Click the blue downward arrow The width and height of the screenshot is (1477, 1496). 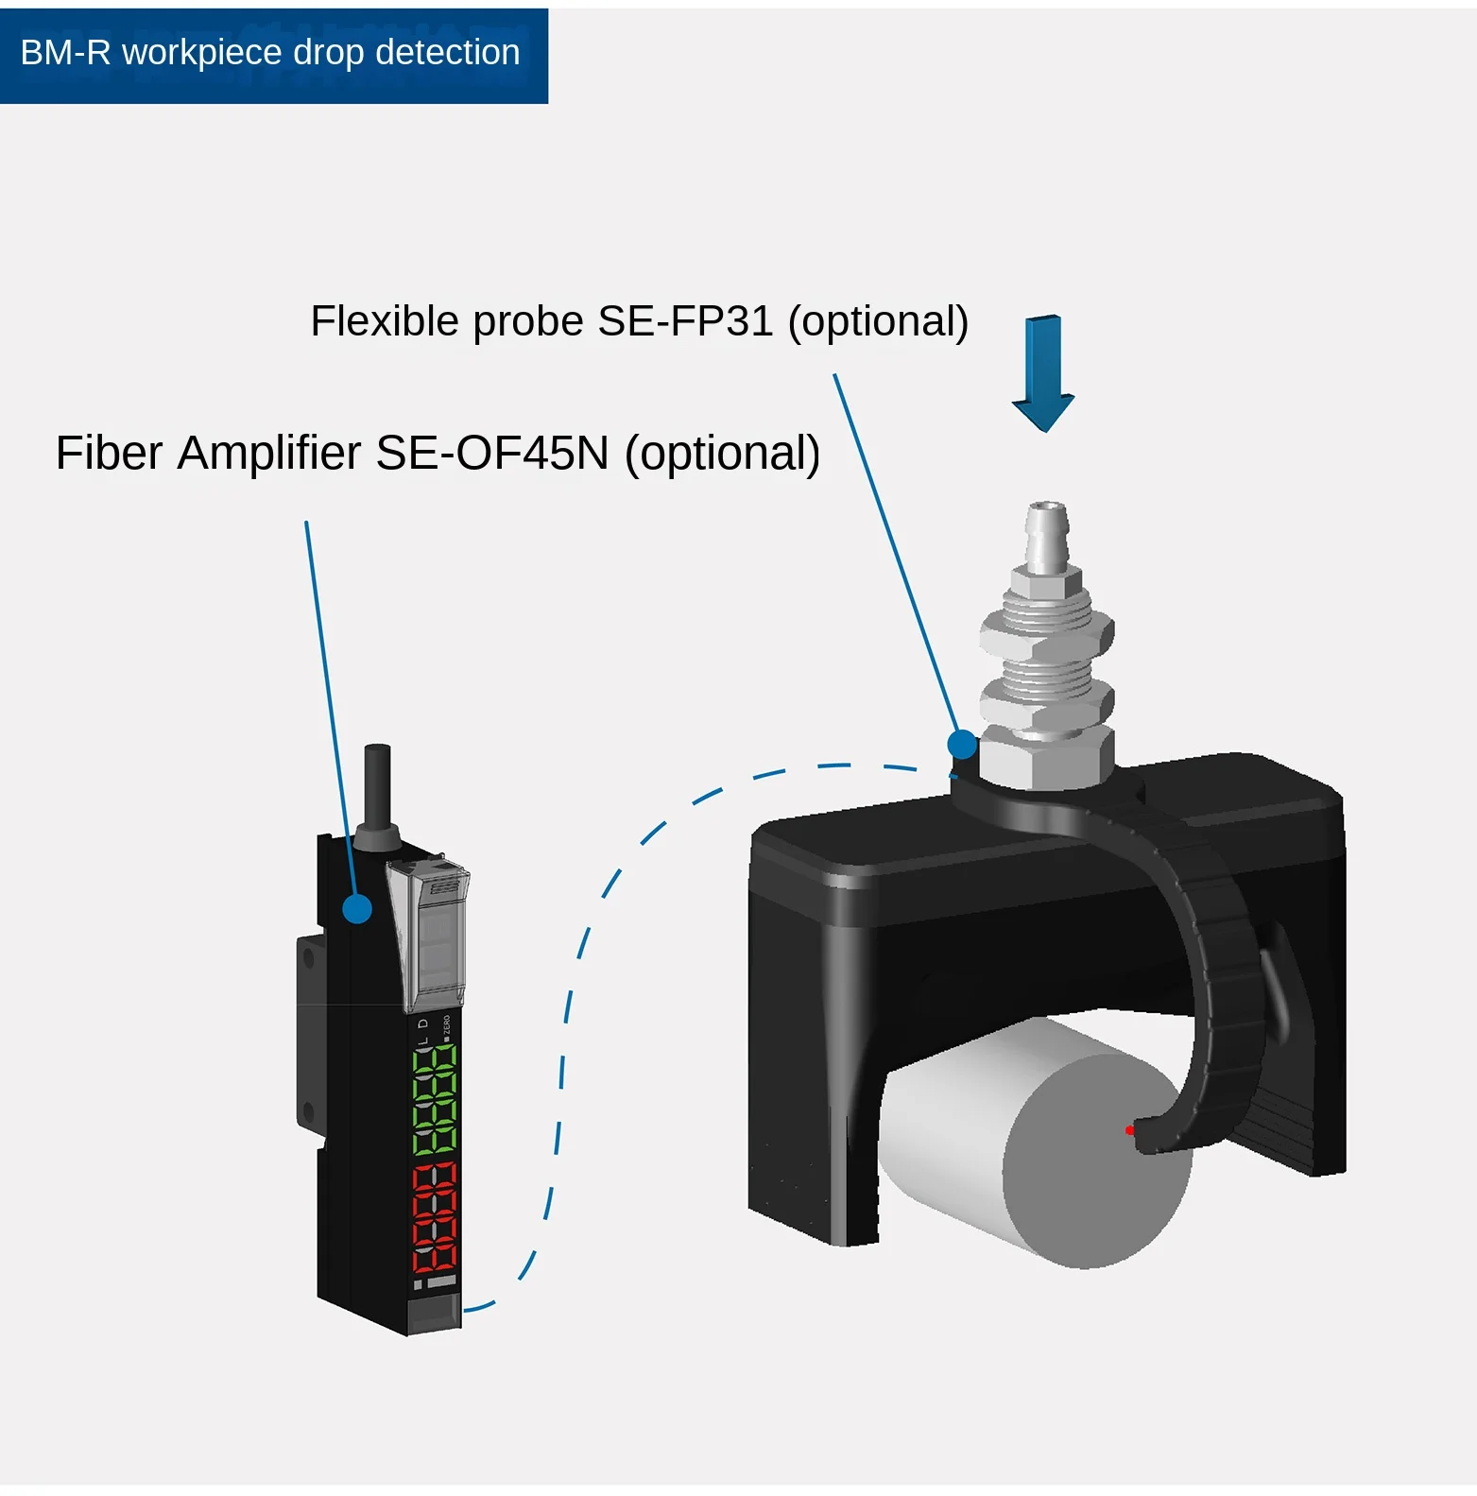pos(1043,373)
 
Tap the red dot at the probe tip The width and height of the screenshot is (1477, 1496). pos(1129,1130)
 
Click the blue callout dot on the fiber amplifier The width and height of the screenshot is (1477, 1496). pos(357,908)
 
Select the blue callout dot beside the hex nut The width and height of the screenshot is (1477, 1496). pos(962,745)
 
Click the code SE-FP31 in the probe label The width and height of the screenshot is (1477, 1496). pos(686,322)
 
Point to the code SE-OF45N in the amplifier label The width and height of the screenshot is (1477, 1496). pos(492,454)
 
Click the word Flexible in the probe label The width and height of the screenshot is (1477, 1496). pos(386,322)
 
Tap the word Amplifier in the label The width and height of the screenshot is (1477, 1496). pos(269,454)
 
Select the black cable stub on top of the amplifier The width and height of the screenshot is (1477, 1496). pos(377,784)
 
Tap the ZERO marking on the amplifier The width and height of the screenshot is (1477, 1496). pos(447,1027)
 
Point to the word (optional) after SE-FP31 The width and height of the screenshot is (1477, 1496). pos(878,322)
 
